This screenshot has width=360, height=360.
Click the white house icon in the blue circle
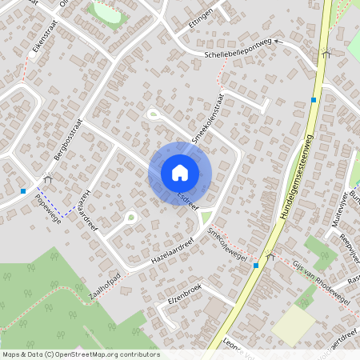pos(179,173)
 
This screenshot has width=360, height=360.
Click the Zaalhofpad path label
pos(104,287)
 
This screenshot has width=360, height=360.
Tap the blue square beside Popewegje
pos(23,190)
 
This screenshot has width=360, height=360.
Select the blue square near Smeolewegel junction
pos(256,265)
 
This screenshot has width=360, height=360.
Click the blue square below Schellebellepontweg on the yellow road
pos(314,100)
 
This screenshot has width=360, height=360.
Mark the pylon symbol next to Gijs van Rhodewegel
pos(270,255)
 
